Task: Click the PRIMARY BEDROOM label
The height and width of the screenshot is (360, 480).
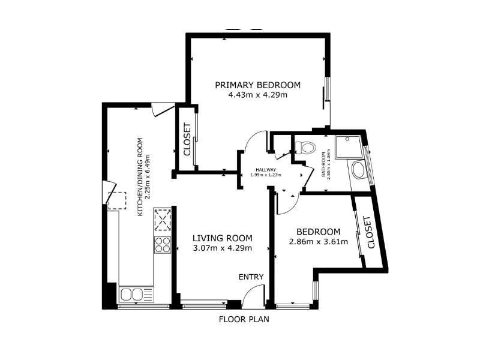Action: (x=257, y=85)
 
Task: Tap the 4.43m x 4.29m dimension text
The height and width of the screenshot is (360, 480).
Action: (x=258, y=95)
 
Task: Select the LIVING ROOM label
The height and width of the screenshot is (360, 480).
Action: (x=222, y=238)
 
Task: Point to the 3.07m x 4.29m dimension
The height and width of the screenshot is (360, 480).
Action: (x=223, y=248)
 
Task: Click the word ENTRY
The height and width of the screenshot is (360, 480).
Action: (x=251, y=277)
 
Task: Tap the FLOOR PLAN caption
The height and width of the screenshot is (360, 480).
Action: (x=244, y=319)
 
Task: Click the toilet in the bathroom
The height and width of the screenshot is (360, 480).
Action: (x=305, y=147)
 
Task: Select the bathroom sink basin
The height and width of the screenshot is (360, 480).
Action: (x=358, y=170)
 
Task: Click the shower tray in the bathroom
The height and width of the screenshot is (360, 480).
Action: (x=349, y=147)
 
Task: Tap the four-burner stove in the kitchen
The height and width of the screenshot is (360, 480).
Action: (x=162, y=245)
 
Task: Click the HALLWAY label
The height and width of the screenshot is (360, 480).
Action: (x=266, y=170)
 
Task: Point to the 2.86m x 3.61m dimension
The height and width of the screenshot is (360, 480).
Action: (x=319, y=242)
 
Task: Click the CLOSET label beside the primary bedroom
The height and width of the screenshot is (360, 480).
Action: (x=187, y=139)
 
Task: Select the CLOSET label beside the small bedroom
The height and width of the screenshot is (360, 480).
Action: (x=368, y=232)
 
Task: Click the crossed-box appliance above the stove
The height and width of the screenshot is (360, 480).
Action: (x=163, y=220)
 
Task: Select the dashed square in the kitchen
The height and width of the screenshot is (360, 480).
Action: (x=117, y=200)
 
